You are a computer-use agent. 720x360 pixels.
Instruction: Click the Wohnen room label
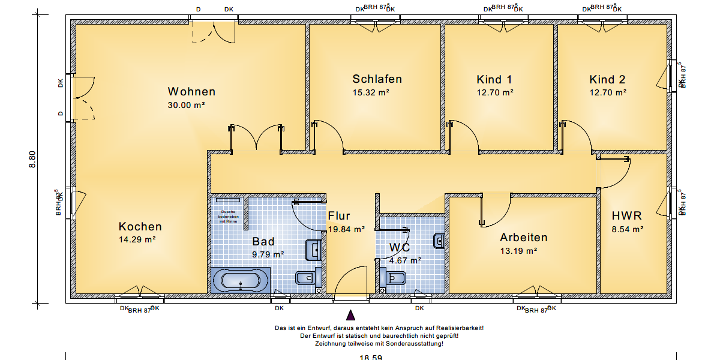coord(191,92)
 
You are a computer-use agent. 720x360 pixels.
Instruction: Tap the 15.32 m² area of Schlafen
coord(371,93)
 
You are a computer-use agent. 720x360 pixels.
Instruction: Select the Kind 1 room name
coord(494,80)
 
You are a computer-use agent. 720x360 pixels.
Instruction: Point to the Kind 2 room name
coord(607,80)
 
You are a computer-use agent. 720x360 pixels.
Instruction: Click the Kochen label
coord(140,227)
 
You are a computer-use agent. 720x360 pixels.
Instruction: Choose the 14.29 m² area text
coord(137,239)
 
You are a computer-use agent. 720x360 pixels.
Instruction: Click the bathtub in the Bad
coord(241,281)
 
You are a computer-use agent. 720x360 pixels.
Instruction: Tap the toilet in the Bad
coord(305,278)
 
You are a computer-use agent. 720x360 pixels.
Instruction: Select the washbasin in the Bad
coord(313,248)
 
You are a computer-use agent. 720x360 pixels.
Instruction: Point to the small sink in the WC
coord(439,241)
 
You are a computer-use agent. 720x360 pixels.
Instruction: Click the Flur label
coord(339,216)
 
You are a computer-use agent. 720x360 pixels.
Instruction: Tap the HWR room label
coord(626,216)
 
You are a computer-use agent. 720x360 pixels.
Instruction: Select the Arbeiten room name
coord(524,238)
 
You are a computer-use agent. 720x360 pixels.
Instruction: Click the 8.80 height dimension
coord(34,160)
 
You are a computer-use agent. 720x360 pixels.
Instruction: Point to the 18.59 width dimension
coord(371,357)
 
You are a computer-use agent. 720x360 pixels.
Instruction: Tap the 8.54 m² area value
coord(628,229)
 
